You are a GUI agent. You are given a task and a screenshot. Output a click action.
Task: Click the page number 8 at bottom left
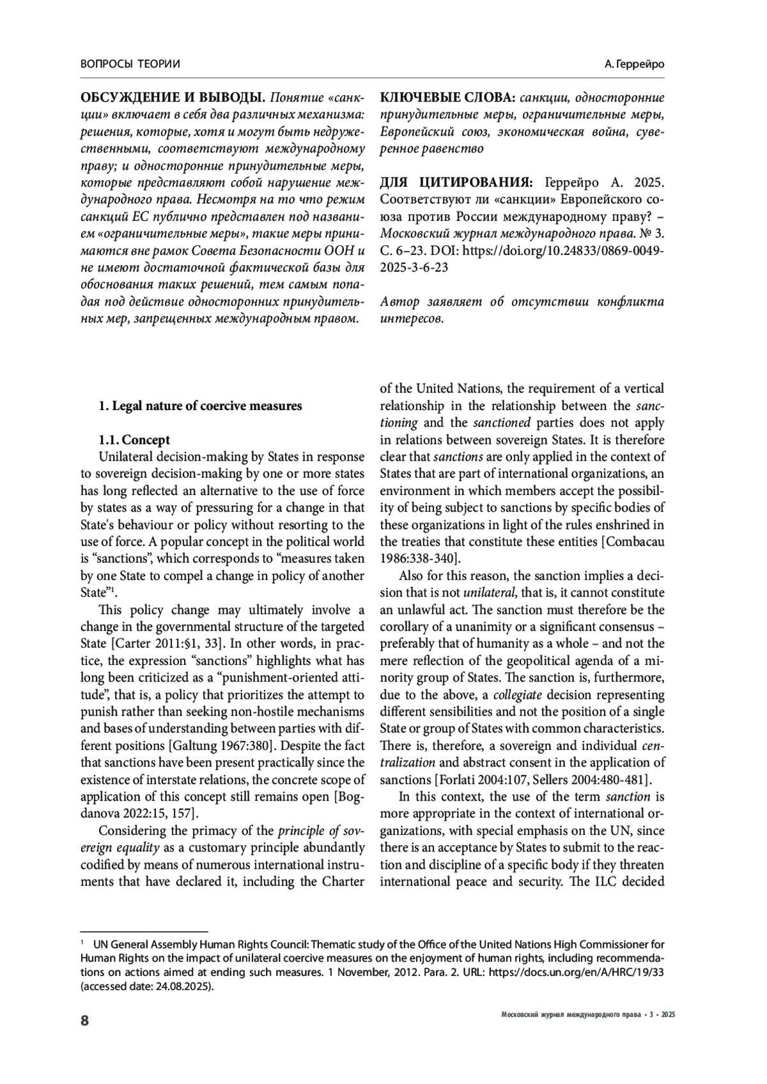tap(84, 1020)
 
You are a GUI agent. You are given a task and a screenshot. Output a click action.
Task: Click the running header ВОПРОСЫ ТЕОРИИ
tap(130, 64)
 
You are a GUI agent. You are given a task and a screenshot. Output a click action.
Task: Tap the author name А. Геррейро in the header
tap(633, 65)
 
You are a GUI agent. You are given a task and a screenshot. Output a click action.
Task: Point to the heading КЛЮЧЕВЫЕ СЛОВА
tap(447, 98)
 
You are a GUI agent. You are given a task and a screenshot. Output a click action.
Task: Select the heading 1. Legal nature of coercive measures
tap(200, 406)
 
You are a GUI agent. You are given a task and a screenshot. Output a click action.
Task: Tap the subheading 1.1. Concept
tap(134, 440)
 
